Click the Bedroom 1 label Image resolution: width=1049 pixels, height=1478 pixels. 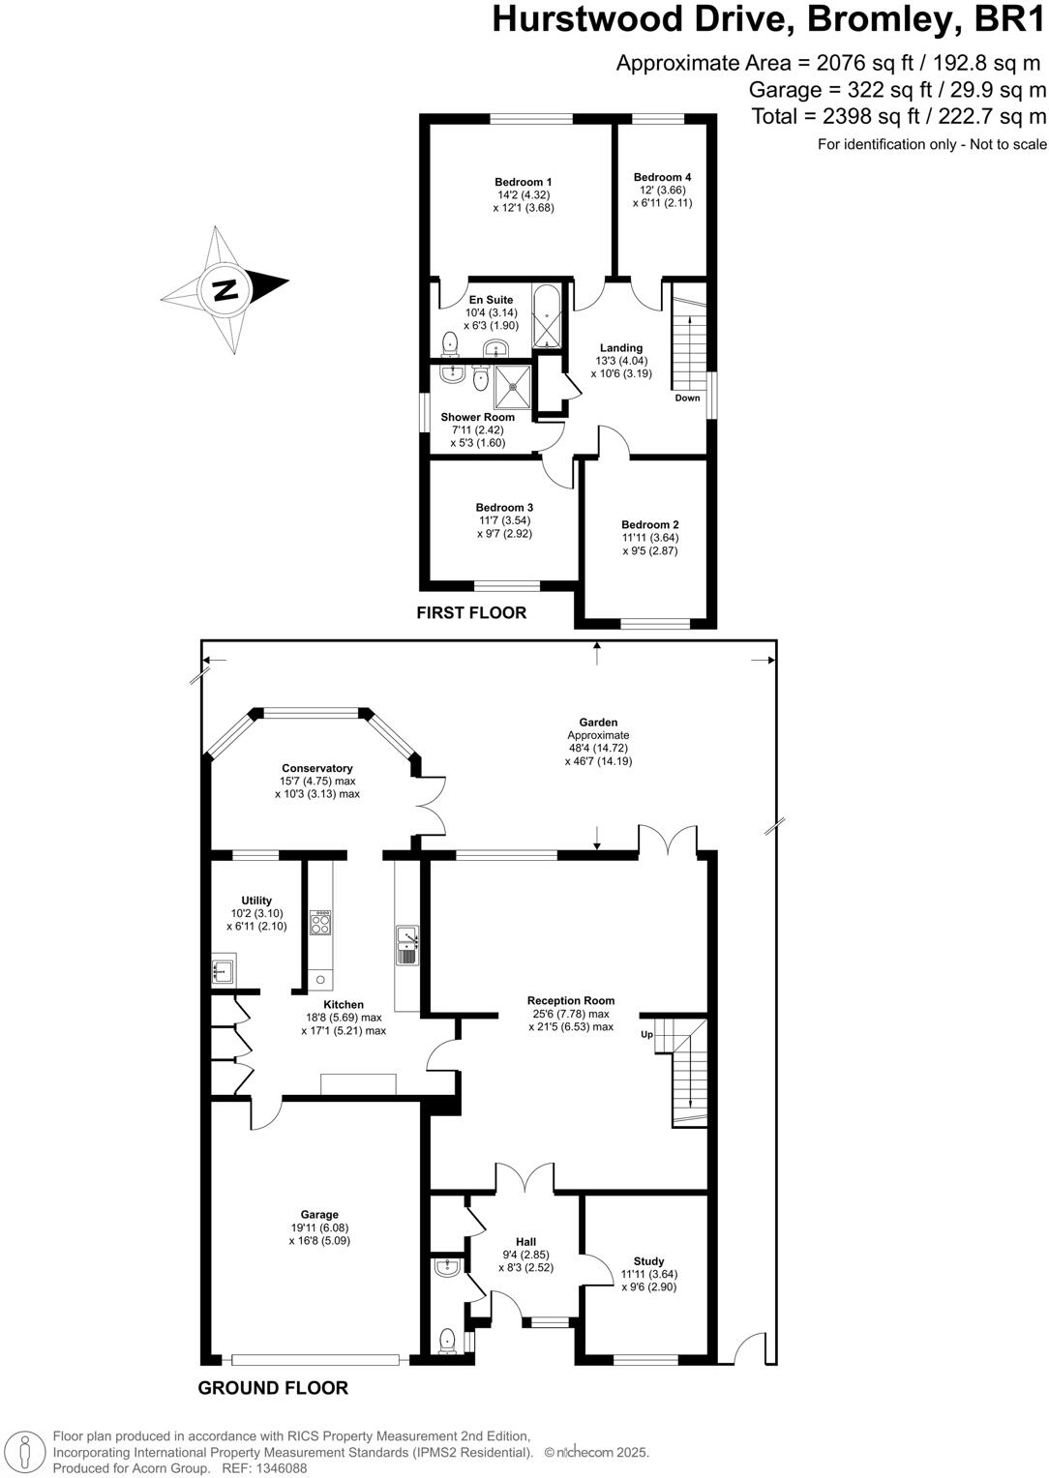523,182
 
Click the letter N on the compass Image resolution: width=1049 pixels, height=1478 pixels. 225,289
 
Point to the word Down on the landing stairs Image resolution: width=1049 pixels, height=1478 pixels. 687,398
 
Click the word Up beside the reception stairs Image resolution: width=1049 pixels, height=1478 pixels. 646,1034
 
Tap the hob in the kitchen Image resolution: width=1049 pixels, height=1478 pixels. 320,923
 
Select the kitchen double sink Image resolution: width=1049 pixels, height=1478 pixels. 406,943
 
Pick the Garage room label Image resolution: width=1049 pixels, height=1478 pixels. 319,1215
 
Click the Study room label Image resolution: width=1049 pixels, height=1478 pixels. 648,1261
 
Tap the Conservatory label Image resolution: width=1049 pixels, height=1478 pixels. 317,768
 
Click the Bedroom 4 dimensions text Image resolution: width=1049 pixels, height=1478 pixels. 663,196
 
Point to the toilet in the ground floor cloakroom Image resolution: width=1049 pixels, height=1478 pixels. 447,1341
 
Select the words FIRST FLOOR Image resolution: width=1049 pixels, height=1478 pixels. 471,612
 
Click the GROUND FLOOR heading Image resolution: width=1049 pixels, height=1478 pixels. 273,1388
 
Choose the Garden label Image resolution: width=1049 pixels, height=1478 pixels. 598,722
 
